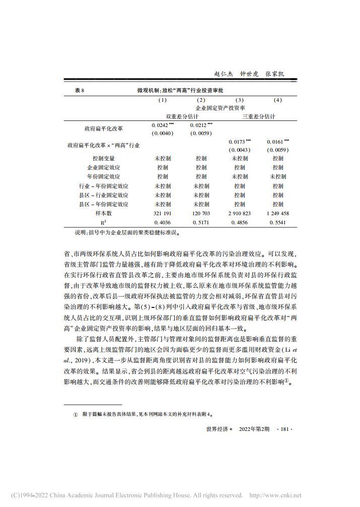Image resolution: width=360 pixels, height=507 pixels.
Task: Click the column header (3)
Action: coord(240,100)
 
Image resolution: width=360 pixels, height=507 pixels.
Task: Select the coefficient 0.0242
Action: coord(161,124)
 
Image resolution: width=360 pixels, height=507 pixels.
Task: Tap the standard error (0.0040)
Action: coord(162,133)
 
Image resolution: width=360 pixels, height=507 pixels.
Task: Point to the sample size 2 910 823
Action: coord(240,213)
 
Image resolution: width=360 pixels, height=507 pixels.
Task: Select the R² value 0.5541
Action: coord(278,222)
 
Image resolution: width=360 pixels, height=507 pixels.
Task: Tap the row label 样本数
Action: coord(103,213)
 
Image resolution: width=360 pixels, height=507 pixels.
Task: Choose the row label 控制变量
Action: coord(103,158)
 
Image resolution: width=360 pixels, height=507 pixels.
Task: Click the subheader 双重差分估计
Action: coord(182,116)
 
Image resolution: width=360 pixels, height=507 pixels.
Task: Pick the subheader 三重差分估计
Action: coord(259,116)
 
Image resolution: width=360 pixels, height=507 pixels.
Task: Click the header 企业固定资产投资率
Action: coord(221,108)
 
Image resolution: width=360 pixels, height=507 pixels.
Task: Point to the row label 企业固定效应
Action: coord(103,167)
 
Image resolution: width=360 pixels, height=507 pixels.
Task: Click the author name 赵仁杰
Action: coord(224,74)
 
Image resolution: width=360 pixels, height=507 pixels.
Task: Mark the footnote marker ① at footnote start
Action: coord(76,415)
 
